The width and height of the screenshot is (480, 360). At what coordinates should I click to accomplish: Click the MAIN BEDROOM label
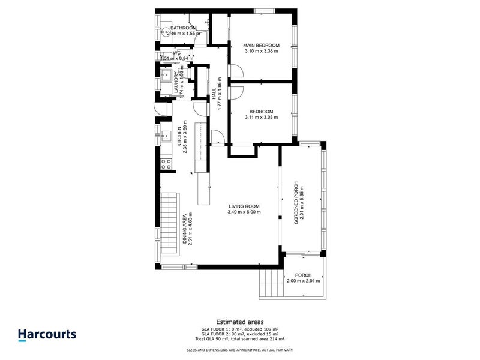261,45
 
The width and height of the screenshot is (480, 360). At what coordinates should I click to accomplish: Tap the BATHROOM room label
184,28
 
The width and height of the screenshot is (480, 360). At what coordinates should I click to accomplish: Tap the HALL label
214,94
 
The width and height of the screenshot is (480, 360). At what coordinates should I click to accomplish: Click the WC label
177,53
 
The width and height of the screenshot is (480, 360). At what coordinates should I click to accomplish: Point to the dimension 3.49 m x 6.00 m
244,212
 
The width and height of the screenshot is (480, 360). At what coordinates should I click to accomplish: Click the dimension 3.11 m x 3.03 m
261,118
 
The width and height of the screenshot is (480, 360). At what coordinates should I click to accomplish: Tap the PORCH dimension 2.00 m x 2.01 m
304,281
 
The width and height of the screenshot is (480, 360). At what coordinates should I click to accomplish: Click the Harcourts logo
47,335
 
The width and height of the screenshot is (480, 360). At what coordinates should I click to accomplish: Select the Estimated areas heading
240,322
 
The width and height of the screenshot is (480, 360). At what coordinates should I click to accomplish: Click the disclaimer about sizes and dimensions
240,350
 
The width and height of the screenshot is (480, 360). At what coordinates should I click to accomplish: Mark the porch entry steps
271,283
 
